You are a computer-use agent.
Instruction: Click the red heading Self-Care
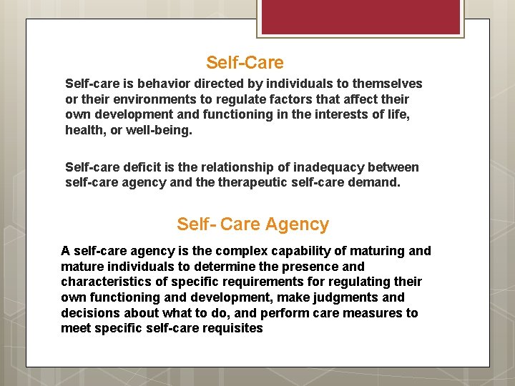pos(245,63)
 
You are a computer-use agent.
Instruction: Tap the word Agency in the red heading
pos(297,224)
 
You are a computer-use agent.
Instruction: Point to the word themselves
pos(386,84)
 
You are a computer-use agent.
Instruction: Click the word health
pos(84,131)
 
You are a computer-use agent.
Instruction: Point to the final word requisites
pos(232,329)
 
